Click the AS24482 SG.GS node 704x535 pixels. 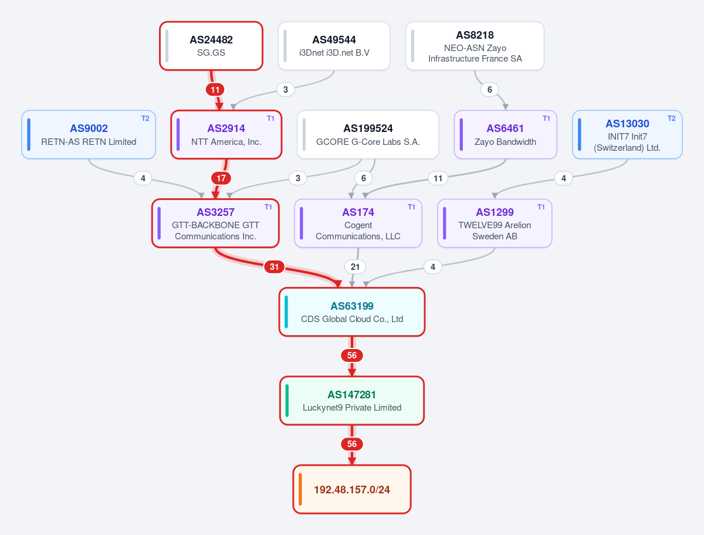point(211,46)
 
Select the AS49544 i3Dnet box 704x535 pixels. point(334,46)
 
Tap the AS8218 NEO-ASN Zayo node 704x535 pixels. point(475,46)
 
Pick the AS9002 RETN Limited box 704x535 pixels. point(89,135)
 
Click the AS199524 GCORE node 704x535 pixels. point(368,135)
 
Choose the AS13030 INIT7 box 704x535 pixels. point(627,135)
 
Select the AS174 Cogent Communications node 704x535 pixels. point(358,224)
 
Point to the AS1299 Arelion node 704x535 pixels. point(495,224)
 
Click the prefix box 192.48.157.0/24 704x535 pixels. point(352,489)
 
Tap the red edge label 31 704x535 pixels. point(274,267)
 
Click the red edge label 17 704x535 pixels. point(221,178)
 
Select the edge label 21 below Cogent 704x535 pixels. point(355,267)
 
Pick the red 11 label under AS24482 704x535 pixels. point(215,90)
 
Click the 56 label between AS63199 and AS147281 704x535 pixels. point(352,355)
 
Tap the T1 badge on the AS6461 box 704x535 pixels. point(546,118)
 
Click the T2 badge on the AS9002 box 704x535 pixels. point(145,118)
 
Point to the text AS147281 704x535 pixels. point(351,395)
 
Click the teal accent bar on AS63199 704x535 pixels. point(286,312)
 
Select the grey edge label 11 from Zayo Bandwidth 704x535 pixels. point(438,178)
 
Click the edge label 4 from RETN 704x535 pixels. point(143,178)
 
